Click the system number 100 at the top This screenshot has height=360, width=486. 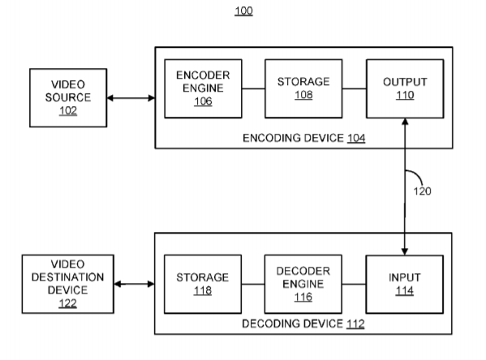pos(243,11)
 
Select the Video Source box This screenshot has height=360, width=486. pos(68,98)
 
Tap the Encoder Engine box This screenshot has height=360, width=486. pos(203,88)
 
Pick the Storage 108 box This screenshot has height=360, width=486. pos(303,88)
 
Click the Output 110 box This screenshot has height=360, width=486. pos(405,88)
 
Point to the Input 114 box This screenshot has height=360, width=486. pos(405,284)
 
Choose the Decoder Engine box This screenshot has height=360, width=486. pos(303,284)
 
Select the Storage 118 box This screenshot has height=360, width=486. pos(203,284)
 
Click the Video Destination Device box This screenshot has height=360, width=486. pos(68,284)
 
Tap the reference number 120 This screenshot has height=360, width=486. pos(422,191)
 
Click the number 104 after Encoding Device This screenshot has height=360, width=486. pos(356,138)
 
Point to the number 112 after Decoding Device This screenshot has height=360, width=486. pos(355,324)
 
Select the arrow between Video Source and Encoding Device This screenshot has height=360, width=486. pos(131,98)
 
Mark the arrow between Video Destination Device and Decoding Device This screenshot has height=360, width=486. pos(134,284)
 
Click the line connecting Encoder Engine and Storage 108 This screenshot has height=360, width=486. pos(253,88)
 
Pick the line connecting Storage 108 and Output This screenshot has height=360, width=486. pos(355,88)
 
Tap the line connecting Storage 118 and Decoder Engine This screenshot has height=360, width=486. pos(253,284)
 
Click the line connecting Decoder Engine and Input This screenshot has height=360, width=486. pos(354,284)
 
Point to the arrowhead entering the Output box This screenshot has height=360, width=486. pos(405,122)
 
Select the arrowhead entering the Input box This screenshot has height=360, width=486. pos(405,251)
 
